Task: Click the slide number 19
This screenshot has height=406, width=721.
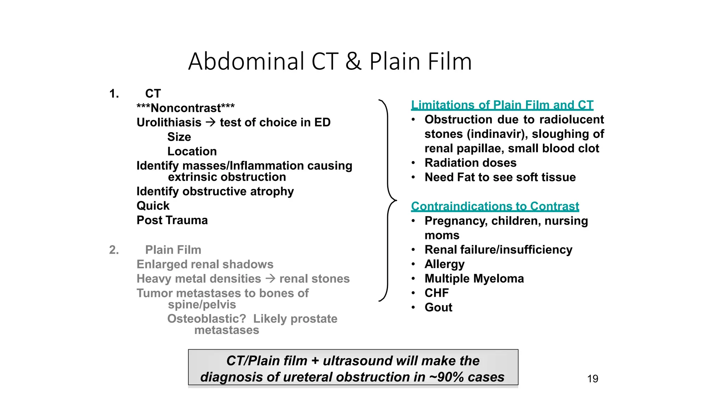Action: [x=593, y=379]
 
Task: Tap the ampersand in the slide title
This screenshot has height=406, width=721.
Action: [x=353, y=62]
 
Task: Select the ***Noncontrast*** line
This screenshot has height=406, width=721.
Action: [x=186, y=108]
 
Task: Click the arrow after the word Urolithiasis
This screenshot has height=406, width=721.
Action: [x=211, y=122]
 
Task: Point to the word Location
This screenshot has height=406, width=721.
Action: [x=192, y=151]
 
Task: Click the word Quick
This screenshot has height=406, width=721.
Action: [x=153, y=206]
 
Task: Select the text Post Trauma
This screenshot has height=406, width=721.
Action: [x=172, y=220]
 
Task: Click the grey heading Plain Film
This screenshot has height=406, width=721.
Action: [x=173, y=250]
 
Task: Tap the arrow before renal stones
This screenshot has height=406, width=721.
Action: [x=270, y=279]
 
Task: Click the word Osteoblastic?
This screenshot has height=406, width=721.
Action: [x=207, y=319]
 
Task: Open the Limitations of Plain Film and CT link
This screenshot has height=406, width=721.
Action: [x=502, y=105]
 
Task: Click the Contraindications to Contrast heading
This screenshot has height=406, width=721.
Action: [x=495, y=206]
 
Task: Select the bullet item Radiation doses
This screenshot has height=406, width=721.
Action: [x=470, y=163]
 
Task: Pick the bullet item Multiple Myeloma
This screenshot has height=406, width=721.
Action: [x=474, y=278]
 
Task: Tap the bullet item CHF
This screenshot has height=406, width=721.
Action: [x=437, y=293]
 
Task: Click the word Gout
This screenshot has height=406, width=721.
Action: [x=438, y=307]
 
